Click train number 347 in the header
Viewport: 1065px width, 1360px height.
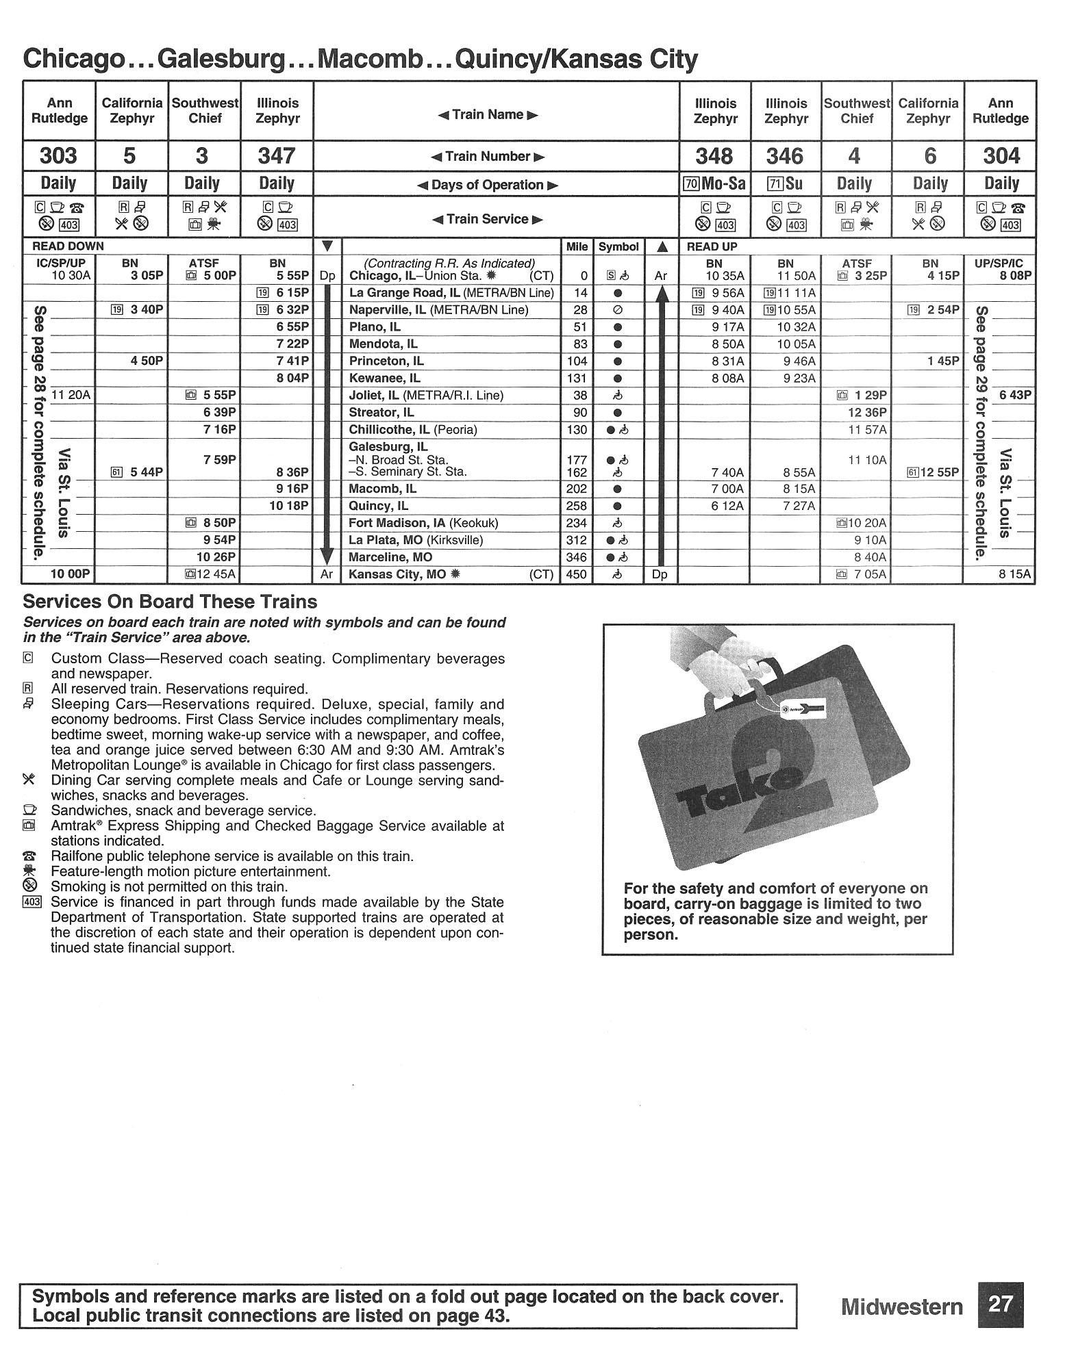point(277,157)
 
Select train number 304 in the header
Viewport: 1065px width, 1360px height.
point(1001,157)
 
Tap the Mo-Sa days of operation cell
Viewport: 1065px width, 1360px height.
point(714,184)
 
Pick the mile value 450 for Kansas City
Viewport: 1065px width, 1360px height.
point(577,574)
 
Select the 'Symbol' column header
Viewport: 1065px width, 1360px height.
point(618,246)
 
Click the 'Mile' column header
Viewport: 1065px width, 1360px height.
point(577,246)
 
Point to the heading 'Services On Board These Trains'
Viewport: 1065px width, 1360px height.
point(170,602)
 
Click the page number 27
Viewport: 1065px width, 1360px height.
point(1000,1304)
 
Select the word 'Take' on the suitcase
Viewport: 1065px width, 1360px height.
point(740,787)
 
